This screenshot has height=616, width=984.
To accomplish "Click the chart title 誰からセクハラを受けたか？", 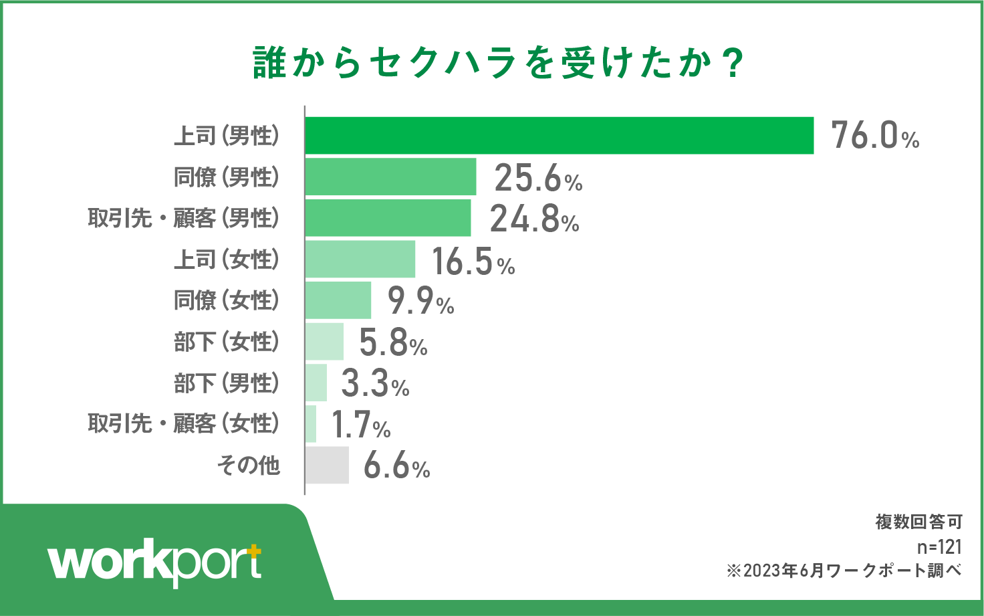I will pyautogui.click(x=498, y=64).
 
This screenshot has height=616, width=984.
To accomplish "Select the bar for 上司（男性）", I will pyautogui.click(x=559, y=136).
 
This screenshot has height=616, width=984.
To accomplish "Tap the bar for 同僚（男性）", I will pyautogui.click(x=390, y=177).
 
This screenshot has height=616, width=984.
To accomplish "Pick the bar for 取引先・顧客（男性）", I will pyautogui.click(x=388, y=218).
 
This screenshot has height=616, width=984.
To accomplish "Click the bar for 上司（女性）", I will pyautogui.click(x=360, y=260).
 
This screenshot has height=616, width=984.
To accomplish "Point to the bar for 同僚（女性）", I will pyautogui.click(x=338, y=300).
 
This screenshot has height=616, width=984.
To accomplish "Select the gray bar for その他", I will pyautogui.click(x=327, y=465).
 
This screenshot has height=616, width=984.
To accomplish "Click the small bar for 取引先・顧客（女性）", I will pyautogui.click(x=311, y=423).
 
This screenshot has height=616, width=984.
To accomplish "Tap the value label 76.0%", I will pyautogui.click(x=875, y=135).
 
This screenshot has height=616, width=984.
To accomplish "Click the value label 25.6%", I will pyautogui.click(x=538, y=178).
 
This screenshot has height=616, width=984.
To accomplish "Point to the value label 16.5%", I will pyautogui.click(x=473, y=262).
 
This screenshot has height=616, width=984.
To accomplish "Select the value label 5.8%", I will pyautogui.click(x=393, y=342).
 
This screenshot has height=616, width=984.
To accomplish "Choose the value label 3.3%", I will pyautogui.click(x=375, y=384).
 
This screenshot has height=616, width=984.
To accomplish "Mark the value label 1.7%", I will pyautogui.click(x=361, y=425).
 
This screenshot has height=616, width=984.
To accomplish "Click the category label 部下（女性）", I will pyautogui.click(x=227, y=342).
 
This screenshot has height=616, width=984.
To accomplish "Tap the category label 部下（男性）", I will pyautogui.click(x=227, y=383).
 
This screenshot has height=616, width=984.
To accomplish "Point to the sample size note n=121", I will pyautogui.click(x=939, y=547).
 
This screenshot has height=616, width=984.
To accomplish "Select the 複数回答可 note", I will pyautogui.click(x=919, y=522).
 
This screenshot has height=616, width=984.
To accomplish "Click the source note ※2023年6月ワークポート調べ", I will pyautogui.click(x=844, y=571).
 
